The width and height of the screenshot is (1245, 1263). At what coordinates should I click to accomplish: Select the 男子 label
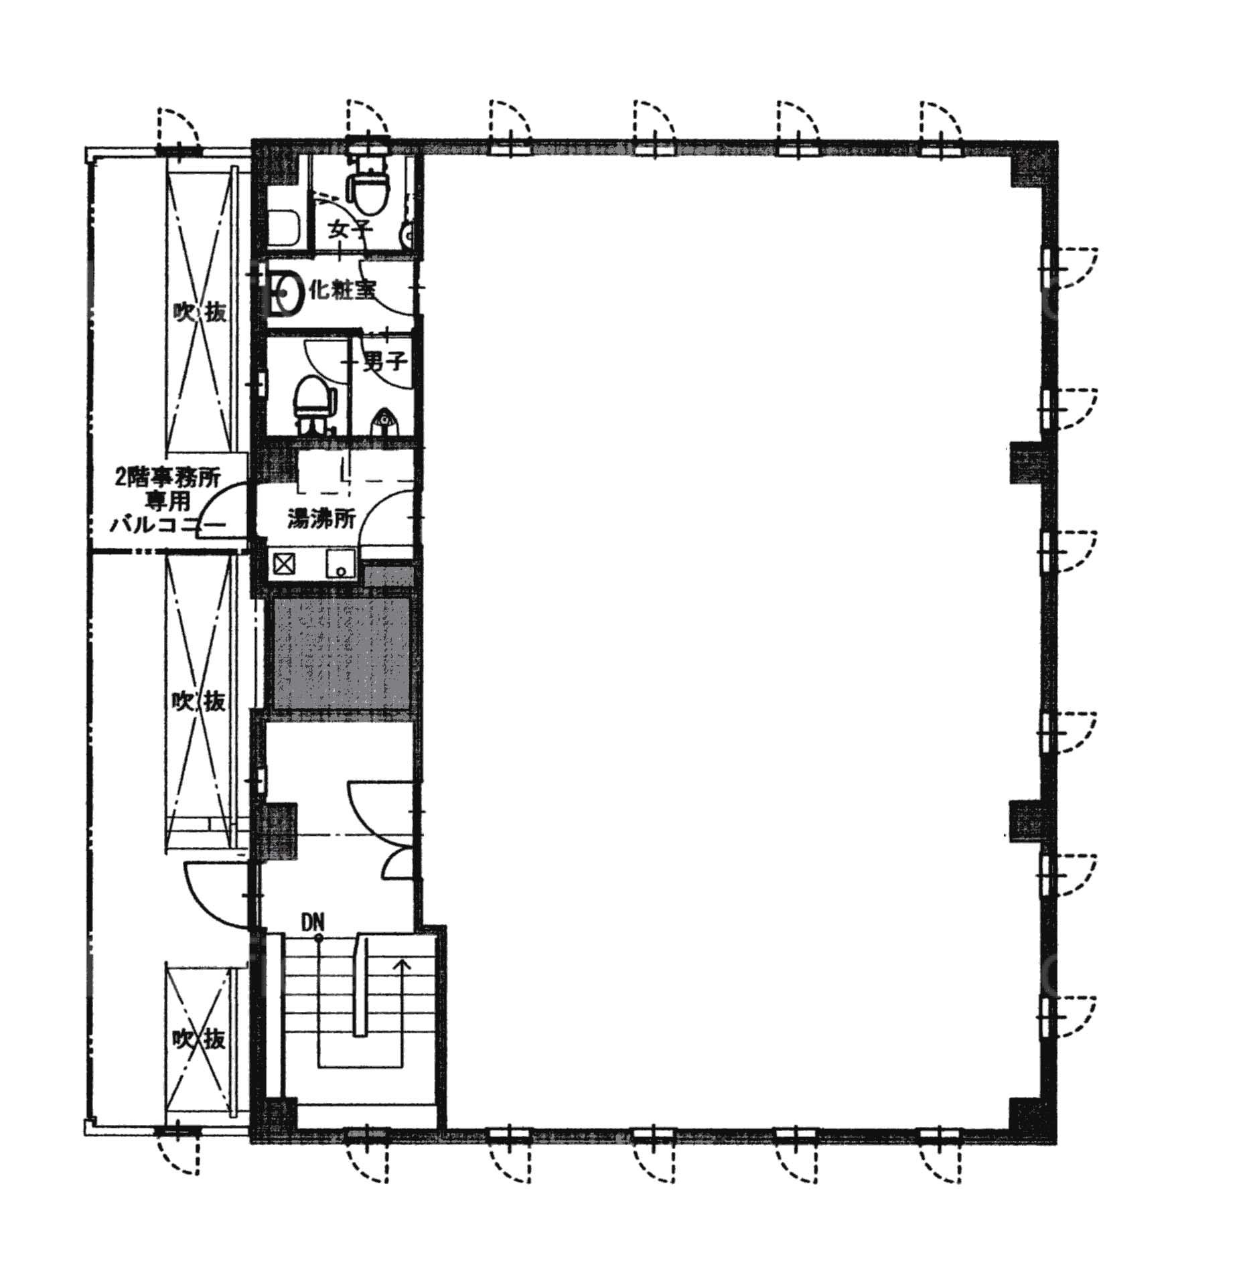tap(385, 362)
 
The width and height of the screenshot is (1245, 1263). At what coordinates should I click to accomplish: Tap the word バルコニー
tap(167, 525)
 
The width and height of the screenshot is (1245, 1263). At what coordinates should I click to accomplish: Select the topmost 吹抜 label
tap(199, 312)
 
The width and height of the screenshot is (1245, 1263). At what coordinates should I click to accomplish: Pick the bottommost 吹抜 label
tap(199, 1039)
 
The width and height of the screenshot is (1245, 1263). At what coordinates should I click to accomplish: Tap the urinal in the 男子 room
tap(384, 419)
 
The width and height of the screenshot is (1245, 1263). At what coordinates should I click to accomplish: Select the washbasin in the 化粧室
tap(287, 292)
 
